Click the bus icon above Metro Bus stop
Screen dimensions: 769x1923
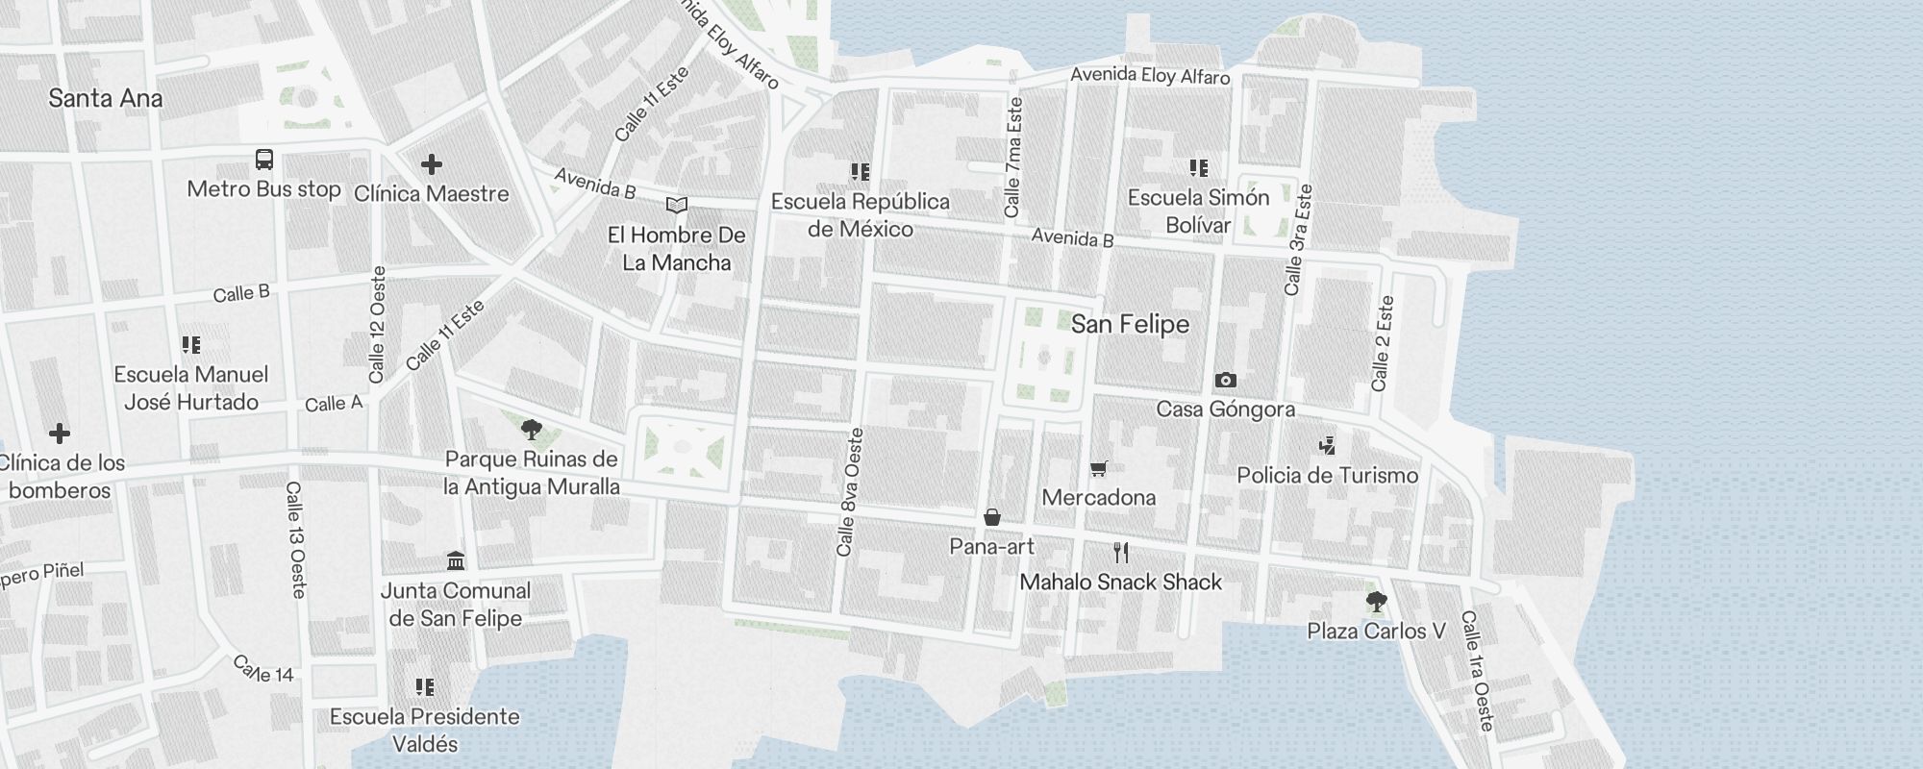pos(264,160)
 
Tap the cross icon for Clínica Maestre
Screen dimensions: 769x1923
pos(431,164)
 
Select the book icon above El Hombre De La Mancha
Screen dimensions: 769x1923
pos(677,205)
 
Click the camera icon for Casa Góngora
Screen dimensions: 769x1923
pos(1225,380)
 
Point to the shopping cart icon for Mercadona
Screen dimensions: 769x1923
pos(1099,468)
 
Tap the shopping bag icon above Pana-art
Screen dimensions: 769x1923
pos(992,517)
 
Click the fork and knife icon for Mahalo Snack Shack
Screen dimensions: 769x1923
pos(1120,552)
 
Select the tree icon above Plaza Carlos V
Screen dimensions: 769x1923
pos(1376,602)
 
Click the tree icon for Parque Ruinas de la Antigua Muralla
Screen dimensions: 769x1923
pos(531,429)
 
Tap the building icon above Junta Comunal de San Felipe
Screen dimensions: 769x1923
pos(456,560)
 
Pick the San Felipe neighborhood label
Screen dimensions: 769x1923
pos(1130,324)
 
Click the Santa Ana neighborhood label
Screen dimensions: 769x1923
pos(105,98)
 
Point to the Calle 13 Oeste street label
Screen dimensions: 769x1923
pos(295,540)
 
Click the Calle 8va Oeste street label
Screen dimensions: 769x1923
pos(850,492)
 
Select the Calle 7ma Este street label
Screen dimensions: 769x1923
pos(1012,156)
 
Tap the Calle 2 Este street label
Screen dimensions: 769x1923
pos(1382,343)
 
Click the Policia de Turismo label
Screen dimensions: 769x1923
pos(1327,475)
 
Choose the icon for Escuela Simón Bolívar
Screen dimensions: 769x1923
pos(1198,168)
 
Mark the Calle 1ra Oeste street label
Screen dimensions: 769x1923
pos(1477,670)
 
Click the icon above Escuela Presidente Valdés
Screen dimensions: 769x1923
pos(425,686)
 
